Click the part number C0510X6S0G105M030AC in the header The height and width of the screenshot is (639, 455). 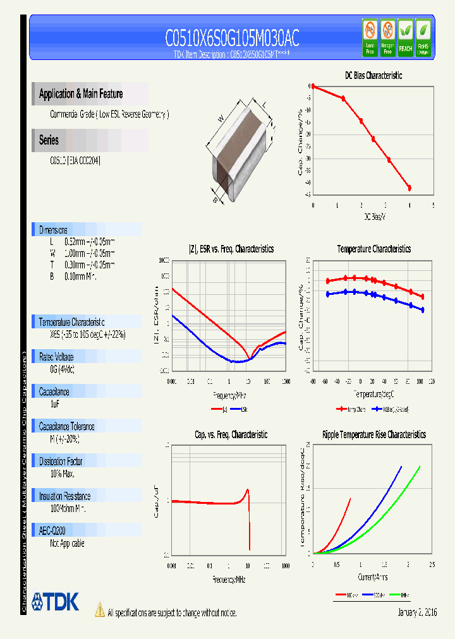pyautogui.click(x=231, y=39)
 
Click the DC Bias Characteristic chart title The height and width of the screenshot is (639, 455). pyautogui.click(x=373, y=75)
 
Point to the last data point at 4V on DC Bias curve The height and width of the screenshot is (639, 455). pyautogui.click(x=409, y=188)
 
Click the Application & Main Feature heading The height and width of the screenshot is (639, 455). pyautogui.click(x=81, y=94)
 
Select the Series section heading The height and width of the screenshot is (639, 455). pyautogui.click(x=49, y=140)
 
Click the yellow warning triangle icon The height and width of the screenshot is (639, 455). pyautogui.click(x=99, y=609)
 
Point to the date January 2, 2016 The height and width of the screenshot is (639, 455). pyautogui.click(x=417, y=612)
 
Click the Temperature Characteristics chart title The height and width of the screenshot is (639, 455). pyautogui.click(x=373, y=249)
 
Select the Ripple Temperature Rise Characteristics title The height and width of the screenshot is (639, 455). pyautogui.click(x=373, y=434)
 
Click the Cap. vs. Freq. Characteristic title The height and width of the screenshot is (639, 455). pyautogui.click(x=231, y=434)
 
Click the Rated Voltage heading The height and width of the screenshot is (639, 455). pyautogui.click(x=56, y=357)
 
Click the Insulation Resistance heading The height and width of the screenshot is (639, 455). pyautogui.click(x=64, y=496)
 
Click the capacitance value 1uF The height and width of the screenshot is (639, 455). pyautogui.click(x=55, y=403)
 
